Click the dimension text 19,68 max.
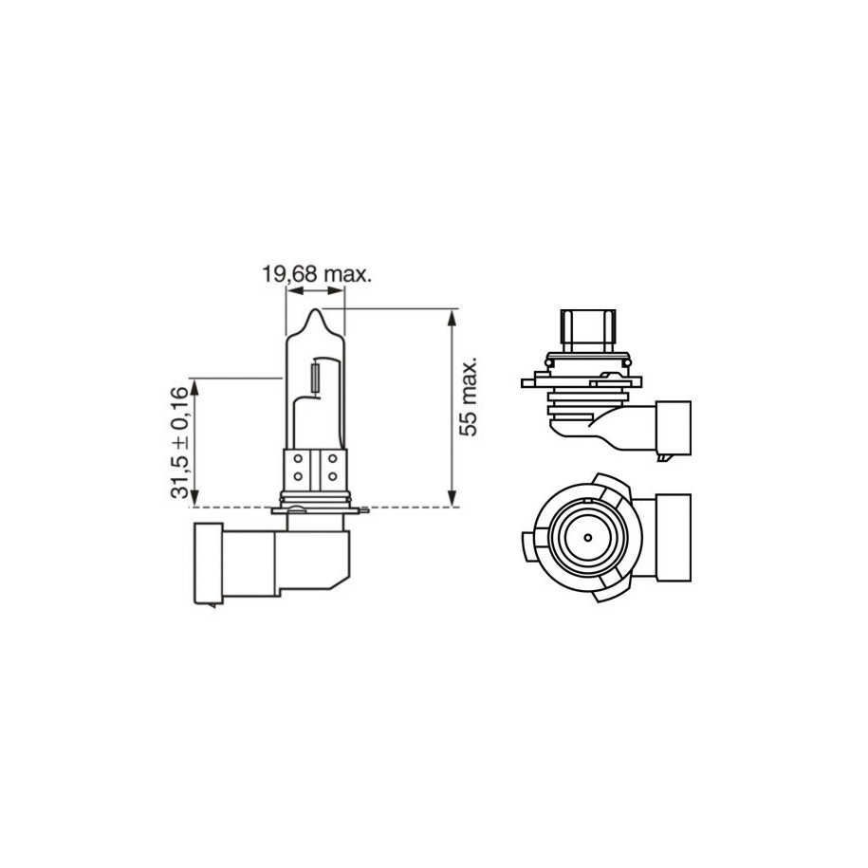pos(316,274)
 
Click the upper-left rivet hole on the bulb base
pos(297,459)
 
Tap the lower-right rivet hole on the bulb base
pos(333,475)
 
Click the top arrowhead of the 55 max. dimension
pos(452,315)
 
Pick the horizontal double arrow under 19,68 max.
pos(316,293)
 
